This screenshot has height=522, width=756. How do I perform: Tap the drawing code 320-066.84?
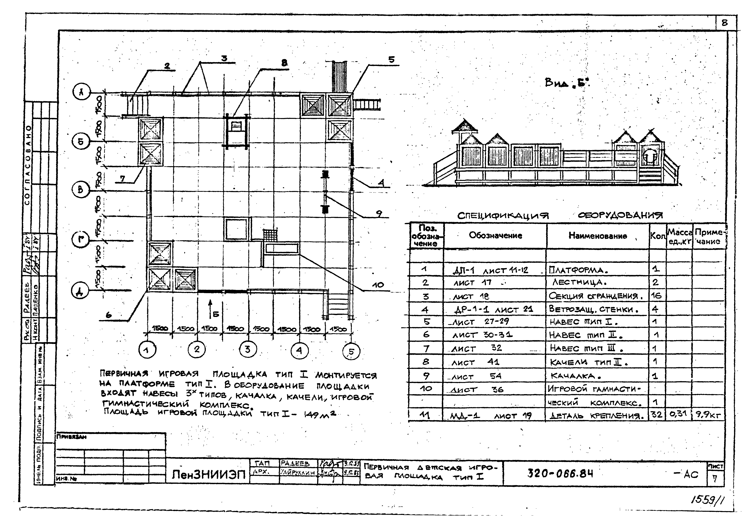560,473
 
